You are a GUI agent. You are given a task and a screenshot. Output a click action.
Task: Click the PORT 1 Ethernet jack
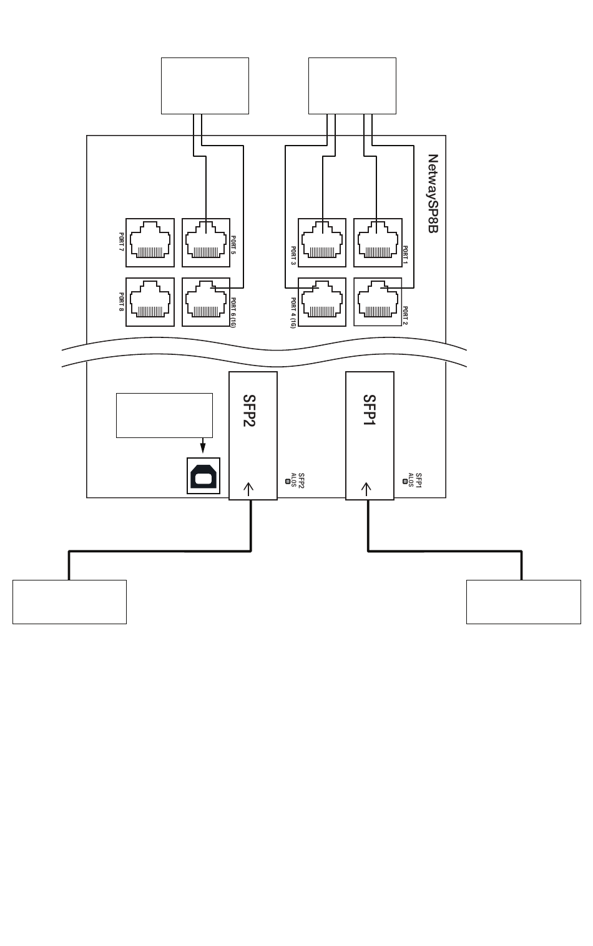[378, 243]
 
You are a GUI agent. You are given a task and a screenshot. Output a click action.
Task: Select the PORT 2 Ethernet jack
[378, 302]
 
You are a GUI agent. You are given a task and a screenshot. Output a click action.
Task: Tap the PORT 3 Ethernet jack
[322, 243]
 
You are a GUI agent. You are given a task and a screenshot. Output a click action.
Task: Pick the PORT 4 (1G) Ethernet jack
[322, 302]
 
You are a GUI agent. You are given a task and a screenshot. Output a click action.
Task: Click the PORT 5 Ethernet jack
[206, 243]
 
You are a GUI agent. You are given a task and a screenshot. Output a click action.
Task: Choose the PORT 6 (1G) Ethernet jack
[206, 302]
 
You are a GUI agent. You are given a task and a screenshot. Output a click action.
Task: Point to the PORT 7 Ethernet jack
[150, 243]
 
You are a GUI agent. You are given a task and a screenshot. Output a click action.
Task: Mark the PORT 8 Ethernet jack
[150, 302]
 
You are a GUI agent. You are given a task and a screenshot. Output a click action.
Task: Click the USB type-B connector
[204, 476]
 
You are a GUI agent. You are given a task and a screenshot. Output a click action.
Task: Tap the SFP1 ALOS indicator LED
[405, 481]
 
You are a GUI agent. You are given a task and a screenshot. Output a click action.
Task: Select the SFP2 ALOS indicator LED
[288, 481]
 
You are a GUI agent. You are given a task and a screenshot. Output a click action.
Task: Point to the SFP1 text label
[369, 411]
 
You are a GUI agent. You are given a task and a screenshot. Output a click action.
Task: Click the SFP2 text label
[250, 411]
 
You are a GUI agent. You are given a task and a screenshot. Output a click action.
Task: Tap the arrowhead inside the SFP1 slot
[366, 486]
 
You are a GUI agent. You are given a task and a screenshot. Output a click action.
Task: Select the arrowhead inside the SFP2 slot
[249, 486]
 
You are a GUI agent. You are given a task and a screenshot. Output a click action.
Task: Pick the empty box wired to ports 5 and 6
[205, 86]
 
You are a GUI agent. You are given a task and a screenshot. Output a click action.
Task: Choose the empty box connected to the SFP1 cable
[523, 602]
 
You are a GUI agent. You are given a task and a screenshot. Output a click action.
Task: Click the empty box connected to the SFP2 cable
[69, 602]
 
